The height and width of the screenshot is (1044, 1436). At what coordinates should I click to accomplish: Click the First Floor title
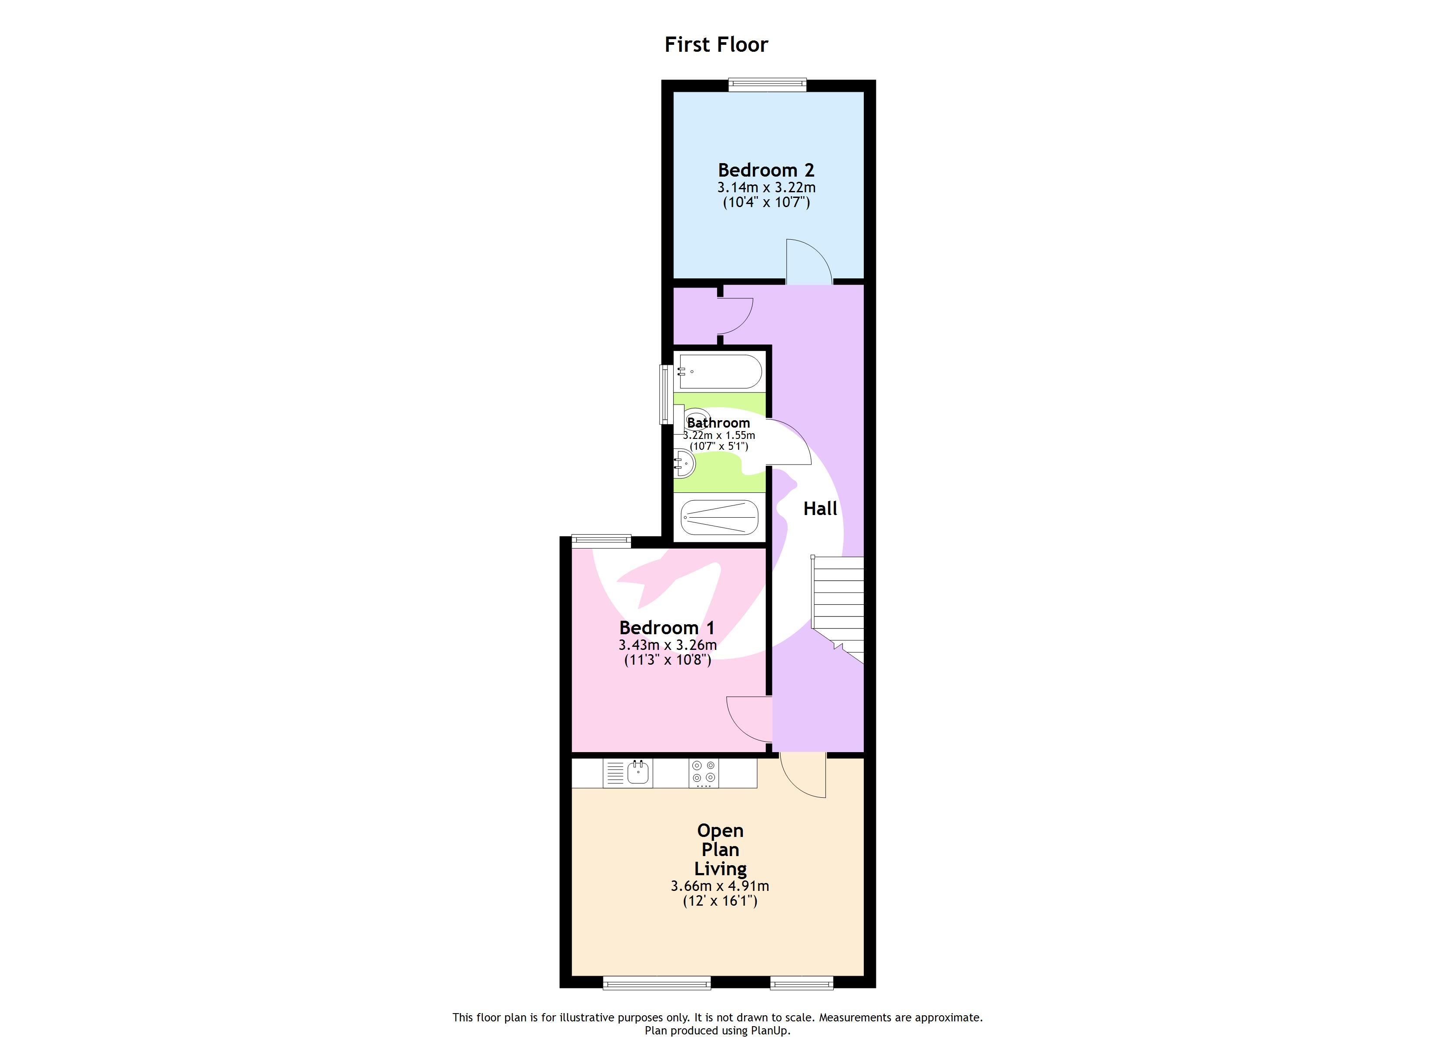click(716, 44)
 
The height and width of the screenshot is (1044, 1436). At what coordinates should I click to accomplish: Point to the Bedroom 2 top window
click(767, 84)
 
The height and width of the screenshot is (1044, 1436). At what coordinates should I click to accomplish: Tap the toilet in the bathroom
click(691, 418)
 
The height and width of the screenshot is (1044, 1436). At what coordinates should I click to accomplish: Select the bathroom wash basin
click(684, 463)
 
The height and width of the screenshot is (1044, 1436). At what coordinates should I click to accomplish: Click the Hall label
click(820, 509)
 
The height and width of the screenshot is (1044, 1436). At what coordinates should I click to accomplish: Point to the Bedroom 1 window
click(601, 540)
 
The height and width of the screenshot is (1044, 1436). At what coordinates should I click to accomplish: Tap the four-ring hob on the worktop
click(704, 773)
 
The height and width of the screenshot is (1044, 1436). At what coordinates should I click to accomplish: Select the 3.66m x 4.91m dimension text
click(720, 886)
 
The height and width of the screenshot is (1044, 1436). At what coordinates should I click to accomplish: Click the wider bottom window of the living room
click(657, 983)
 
